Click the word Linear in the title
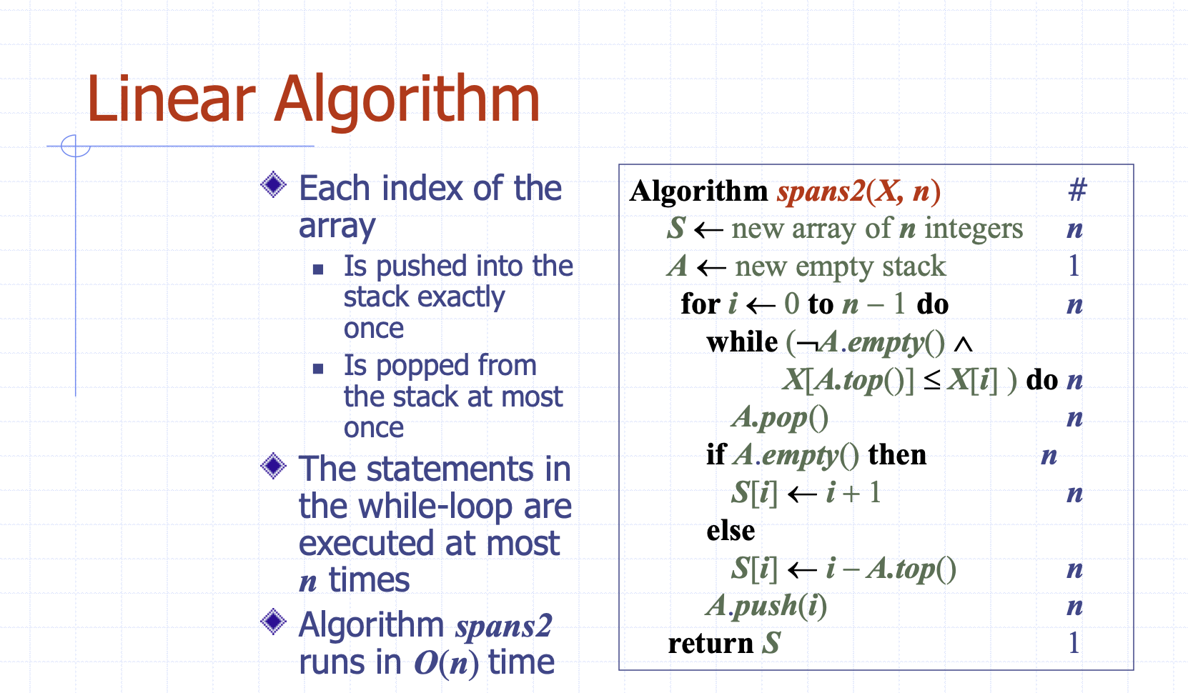[172, 99]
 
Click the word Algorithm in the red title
[407, 101]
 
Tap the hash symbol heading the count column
[1077, 189]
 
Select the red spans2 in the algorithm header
[821, 191]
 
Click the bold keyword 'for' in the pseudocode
[701, 304]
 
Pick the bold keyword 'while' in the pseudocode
[742, 341]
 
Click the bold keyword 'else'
[731, 530]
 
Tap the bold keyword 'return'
[711, 643]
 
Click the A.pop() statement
[780, 418]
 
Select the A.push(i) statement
[766, 606]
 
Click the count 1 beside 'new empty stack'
[1074, 266]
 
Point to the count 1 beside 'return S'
[1074, 642]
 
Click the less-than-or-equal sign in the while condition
[932, 381]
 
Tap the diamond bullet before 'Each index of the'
[274, 184]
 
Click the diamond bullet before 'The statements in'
[274, 466]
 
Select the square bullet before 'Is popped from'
[318, 369]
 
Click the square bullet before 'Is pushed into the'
[318, 269]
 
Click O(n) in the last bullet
[446, 663]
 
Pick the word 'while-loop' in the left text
[435, 506]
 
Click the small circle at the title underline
[75, 146]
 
